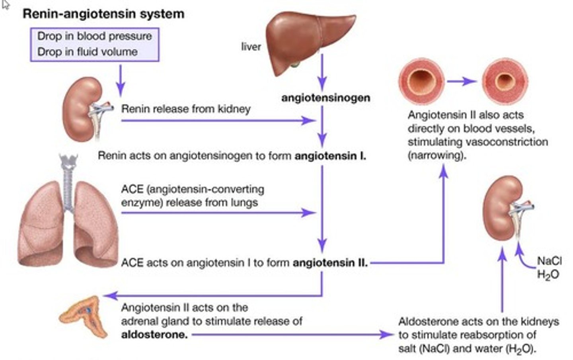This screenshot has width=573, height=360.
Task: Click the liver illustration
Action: coord(306,40)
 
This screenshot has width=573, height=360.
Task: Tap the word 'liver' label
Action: coord(251,47)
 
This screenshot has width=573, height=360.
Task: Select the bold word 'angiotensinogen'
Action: coord(325,98)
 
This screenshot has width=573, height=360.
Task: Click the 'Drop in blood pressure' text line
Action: coord(94,36)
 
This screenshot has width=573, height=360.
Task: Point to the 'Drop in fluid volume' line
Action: coord(87,52)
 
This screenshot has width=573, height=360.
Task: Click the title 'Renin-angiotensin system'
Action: coord(103,14)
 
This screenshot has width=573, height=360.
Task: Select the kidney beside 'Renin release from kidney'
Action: coord(82,110)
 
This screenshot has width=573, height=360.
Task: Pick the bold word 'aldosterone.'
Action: coord(154,335)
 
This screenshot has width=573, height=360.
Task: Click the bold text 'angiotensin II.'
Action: coord(330,263)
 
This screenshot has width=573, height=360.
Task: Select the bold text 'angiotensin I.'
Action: coord(330,156)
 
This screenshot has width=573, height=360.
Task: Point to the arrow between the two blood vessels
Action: coord(462,82)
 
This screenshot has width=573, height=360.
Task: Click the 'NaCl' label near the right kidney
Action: coord(549,261)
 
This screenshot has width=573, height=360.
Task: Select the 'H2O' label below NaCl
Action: coord(548,275)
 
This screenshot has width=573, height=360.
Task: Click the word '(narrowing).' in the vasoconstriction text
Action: coord(437,155)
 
